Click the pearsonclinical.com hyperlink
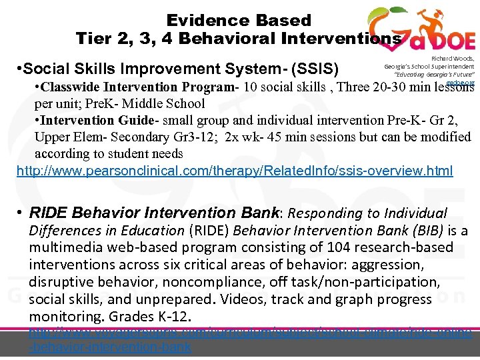(234, 171)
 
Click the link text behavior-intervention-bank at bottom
(111, 347)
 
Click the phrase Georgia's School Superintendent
(429, 67)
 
